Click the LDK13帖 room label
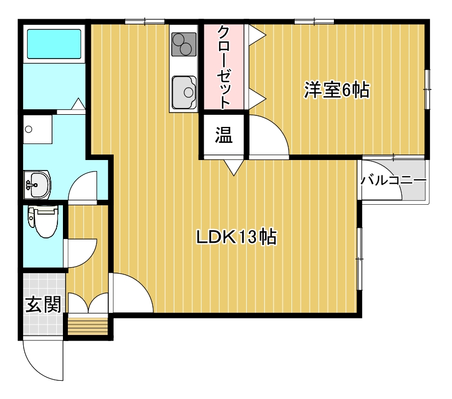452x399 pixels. [x=236, y=237]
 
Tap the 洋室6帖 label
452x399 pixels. [x=336, y=90]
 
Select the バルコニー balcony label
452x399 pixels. [x=393, y=180]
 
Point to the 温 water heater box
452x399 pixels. [x=223, y=135]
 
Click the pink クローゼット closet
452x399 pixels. [x=224, y=66]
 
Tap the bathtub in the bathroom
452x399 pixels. [x=54, y=44]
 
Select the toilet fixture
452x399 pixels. [x=44, y=221]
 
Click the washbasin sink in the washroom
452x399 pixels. [x=38, y=183]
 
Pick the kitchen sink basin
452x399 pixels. [x=184, y=91]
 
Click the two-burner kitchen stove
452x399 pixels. [x=184, y=44]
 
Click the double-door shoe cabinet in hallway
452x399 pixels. [x=87, y=304]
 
